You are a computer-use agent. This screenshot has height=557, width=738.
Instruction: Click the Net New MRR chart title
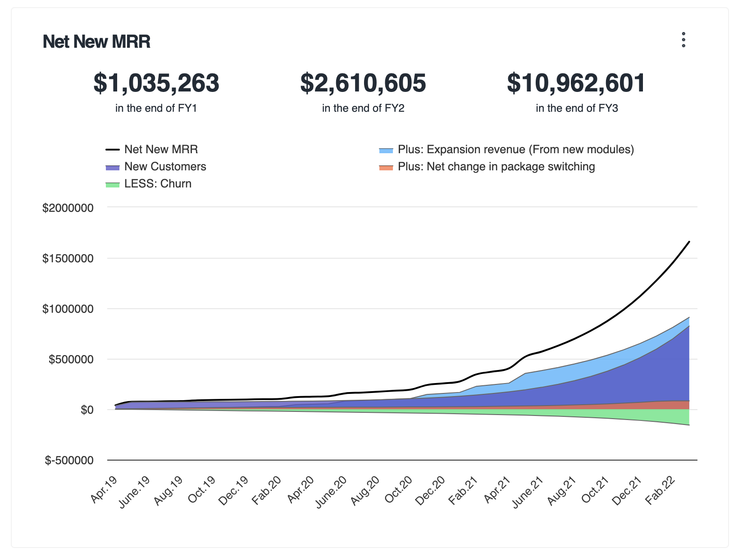coord(96,42)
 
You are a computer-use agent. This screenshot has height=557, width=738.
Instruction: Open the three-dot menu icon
coord(683,40)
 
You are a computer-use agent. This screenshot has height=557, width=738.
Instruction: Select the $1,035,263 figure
coord(156,83)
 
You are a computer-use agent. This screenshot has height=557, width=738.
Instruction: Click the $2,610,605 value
coord(363,83)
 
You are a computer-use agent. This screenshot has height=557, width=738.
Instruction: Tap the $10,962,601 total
coord(576,83)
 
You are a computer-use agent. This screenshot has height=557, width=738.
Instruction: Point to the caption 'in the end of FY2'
coord(363,108)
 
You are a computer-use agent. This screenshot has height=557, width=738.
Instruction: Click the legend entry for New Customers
coord(165,167)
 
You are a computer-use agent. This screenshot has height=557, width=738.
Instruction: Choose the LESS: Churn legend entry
coord(158,184)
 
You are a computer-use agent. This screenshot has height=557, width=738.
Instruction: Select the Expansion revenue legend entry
coord(515,150)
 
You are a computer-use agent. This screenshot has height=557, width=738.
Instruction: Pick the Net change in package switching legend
coord(496,167)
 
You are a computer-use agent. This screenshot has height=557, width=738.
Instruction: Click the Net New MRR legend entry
coord(161,150)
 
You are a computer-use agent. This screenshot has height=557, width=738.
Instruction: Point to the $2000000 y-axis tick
coord(68,208)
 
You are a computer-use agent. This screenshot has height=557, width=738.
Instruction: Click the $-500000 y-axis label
coord(69,461)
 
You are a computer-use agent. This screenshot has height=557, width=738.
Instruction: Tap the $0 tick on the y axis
coord(87,410)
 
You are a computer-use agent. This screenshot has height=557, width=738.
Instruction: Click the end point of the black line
coord(689,242)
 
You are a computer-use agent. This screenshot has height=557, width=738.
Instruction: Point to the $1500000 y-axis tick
coord(68,259)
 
